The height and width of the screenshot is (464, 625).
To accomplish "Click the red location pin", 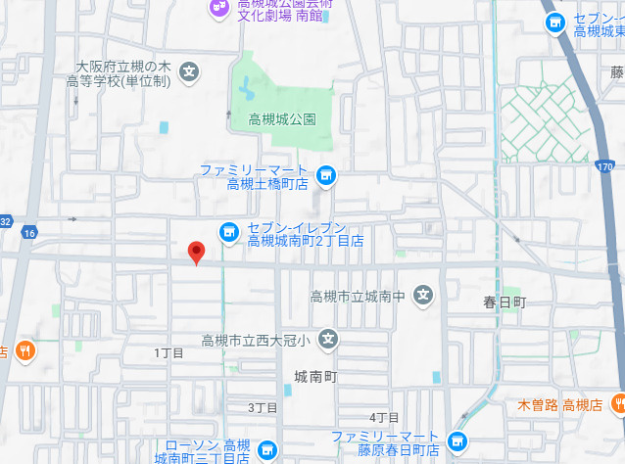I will click(x=196, y=252).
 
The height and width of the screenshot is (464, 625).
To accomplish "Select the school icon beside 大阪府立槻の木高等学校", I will click(x=190, y=71).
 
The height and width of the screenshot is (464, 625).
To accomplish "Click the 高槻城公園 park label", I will click(x=282, y=119).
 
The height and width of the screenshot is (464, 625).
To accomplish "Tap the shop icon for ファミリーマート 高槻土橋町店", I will click(x=327, y=176).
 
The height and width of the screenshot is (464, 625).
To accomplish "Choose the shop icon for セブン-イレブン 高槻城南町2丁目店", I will click(x=228, y=232).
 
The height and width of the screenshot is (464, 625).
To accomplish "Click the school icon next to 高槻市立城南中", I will click(x=423, y=295).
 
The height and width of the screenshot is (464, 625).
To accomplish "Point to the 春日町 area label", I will click(x=505, y=302).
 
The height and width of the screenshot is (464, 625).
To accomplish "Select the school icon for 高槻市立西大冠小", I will click(x=328, y=340).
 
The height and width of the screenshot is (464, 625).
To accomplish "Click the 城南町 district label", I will click(x=315, y=376).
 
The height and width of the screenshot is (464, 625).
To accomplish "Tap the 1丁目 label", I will click(x=168, y=351).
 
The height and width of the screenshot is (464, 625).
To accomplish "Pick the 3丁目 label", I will click(x=263, y=407).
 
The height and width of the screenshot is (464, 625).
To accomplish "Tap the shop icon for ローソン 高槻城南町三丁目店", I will click(x=265, y=450).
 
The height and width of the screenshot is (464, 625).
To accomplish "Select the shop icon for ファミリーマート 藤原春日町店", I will click(x=456, y=442).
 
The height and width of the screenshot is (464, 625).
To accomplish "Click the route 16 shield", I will click(x=29, y=232).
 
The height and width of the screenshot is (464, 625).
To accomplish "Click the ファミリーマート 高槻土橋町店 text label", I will click(x=254, y=176).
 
